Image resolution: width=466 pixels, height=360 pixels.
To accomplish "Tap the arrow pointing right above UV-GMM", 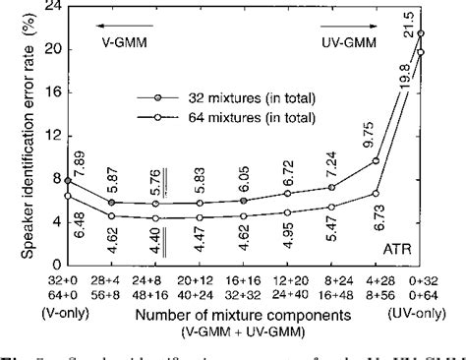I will [347, 29].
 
